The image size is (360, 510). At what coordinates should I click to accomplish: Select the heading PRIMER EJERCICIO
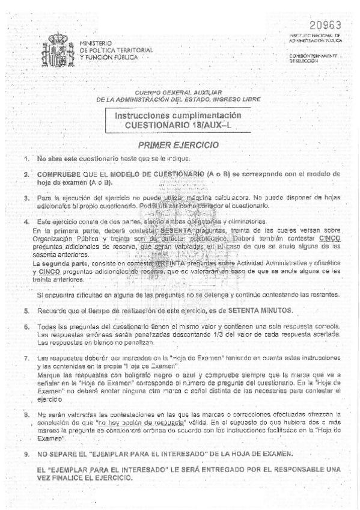pyautogui.click(x=169, y=145)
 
